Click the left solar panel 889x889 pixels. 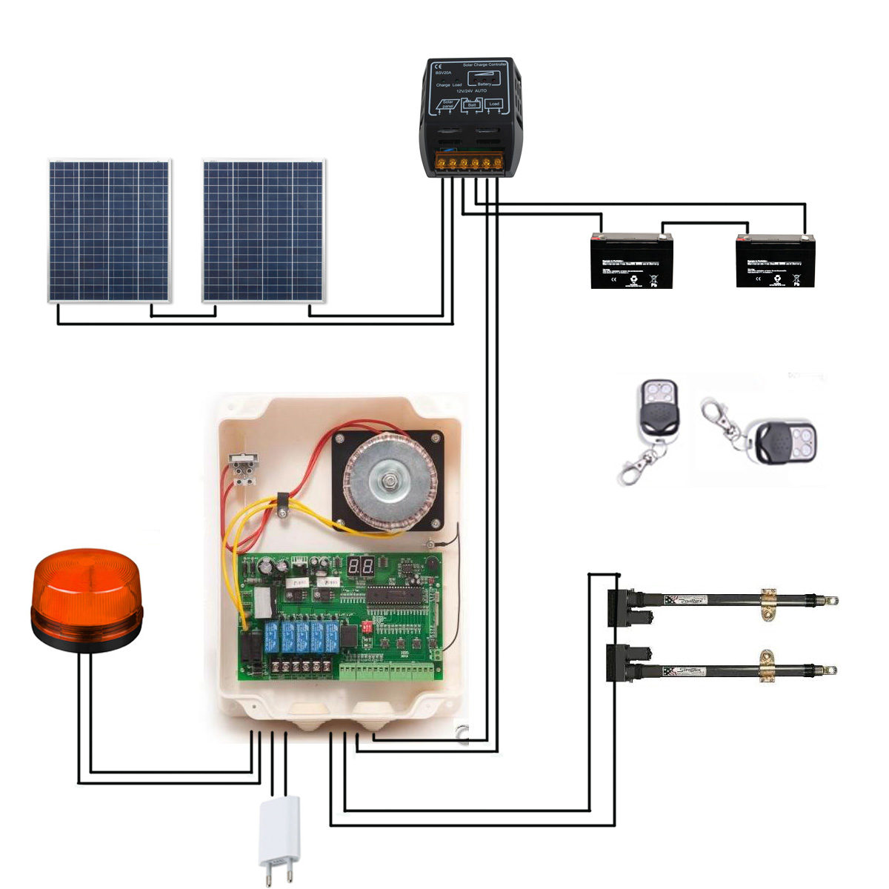pos(110,230)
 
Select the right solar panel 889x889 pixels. pos(264,230)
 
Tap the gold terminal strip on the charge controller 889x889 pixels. pos(469,163)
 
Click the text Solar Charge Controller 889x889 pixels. pos(485,65)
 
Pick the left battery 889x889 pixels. pos(631,261)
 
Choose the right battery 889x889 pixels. pos(775,261)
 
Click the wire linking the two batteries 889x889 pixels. pos(704,222)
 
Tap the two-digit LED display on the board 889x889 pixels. pos(360,568)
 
